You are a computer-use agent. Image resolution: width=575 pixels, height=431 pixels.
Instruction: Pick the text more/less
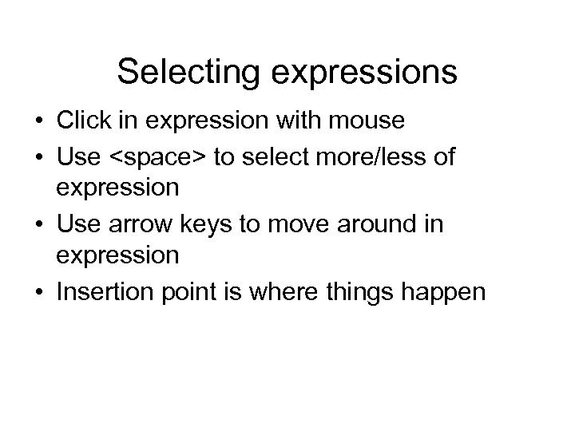click(x=367, y=156)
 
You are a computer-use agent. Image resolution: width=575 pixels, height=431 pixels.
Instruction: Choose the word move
click(x=294, y=224)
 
